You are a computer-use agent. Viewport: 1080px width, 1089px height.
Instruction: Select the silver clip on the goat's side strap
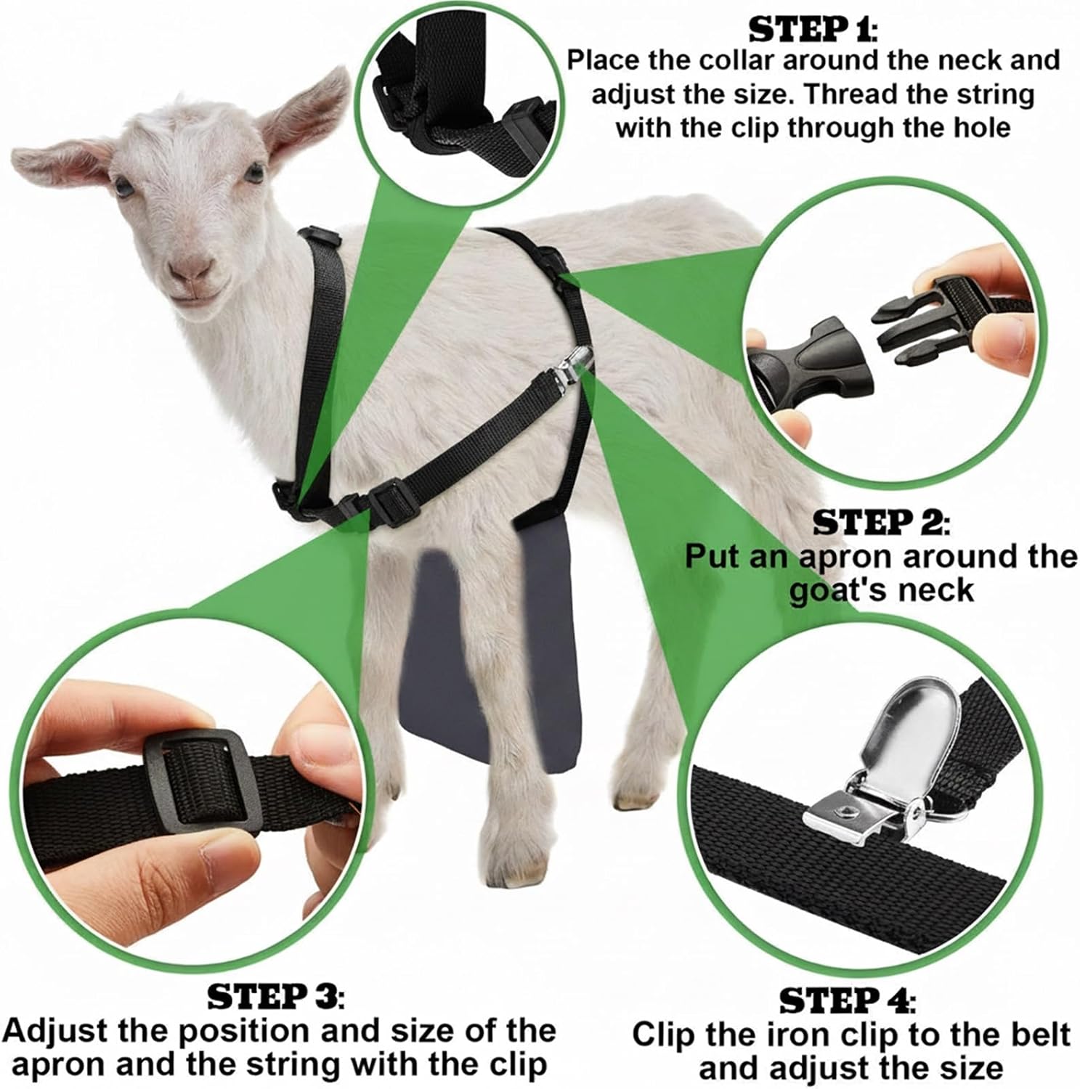pyautogui.click(x=572, y=367)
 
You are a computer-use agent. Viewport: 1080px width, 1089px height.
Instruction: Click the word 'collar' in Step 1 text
pyautogui.click(x=739, y=60)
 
